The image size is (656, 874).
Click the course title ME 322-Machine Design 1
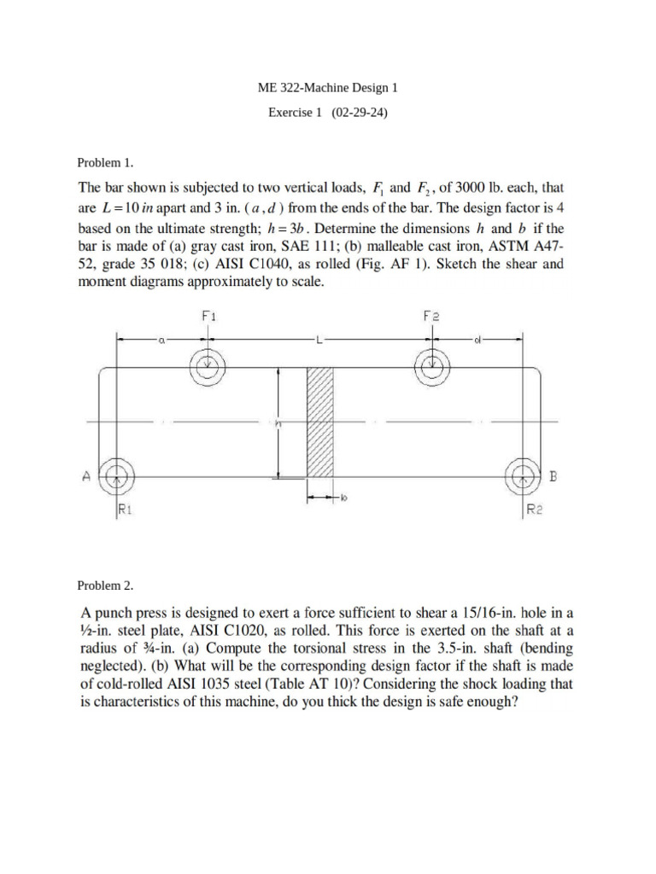pos(327,87)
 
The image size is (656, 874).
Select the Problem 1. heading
pos(106,162)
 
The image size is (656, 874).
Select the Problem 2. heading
pos(106,586)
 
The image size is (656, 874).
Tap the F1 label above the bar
pos(208,315)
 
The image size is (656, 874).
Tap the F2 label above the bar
pos(430,315)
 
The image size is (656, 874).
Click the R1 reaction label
pos(125,511)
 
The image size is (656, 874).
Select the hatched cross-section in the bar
pos(319,422)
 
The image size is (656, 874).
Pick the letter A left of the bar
pos(85,479)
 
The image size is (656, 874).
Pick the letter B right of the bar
pos(553,478)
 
